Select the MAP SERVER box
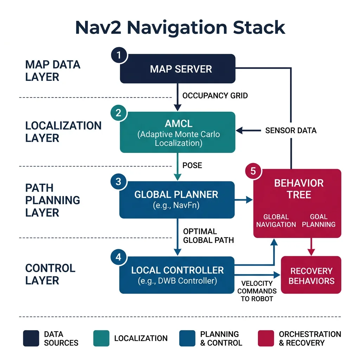point(178,69)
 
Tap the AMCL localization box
point(178,132)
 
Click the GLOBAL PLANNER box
point(178,200)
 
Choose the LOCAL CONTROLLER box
point(177,275)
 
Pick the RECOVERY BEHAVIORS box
point(311,275)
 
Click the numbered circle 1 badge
point(119,55)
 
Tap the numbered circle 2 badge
point(118,113)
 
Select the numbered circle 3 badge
point(118,181)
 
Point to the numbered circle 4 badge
point(118,257)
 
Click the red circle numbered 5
point(253,171)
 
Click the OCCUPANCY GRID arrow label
point(215,96)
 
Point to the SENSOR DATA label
point(291,131)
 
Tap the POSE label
point(192,165)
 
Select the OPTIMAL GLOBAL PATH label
point(208,236)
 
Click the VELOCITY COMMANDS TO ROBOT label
point(257,291)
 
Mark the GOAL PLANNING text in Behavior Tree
point(319,221)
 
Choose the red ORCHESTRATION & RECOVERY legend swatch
point(266,338)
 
